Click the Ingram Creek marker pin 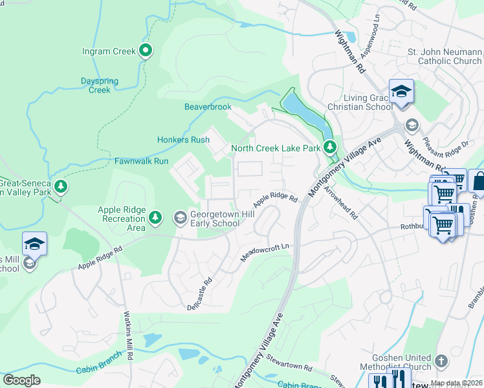(146, 50)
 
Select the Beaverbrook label (208, 107)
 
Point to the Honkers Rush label (183, 140)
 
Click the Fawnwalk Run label (142, 161)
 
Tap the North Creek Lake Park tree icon (330, 147)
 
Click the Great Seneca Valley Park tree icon (61, 187)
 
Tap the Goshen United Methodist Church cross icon (441, 361)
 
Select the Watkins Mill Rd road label (129, 336)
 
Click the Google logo (22, 380)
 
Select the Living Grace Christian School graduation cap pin (401, 91)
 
